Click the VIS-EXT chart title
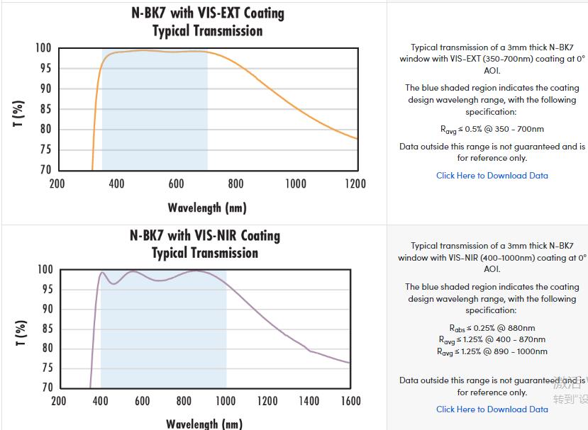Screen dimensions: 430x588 pos(208,22)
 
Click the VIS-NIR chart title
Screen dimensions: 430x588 pos(205,244)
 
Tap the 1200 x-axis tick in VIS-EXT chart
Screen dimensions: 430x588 pos(355,184)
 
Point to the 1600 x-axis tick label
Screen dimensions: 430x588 pos(350,401)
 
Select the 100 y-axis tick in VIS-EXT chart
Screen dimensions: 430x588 pos(43,48)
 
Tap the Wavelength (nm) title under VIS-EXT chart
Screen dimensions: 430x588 pos(207,208)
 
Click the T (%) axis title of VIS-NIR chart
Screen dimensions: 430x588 pos(21,332)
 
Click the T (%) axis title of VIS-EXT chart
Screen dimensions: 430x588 pos(19,113)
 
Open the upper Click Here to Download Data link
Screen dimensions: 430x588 pos(492,176)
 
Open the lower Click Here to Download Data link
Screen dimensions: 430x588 pos(492,409)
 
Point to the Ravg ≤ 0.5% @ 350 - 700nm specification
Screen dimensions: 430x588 pos(492,130)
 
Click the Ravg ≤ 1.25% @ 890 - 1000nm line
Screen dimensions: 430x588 pos(492,351)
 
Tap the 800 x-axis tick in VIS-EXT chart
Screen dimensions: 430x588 pos(236,184)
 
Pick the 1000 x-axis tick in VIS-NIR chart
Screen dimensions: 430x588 pos(226,401)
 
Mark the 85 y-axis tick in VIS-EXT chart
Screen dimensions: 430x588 pos(45,109)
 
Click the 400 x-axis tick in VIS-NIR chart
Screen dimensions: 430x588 pos(101,401)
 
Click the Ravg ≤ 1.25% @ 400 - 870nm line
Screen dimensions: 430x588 pos(492,340)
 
